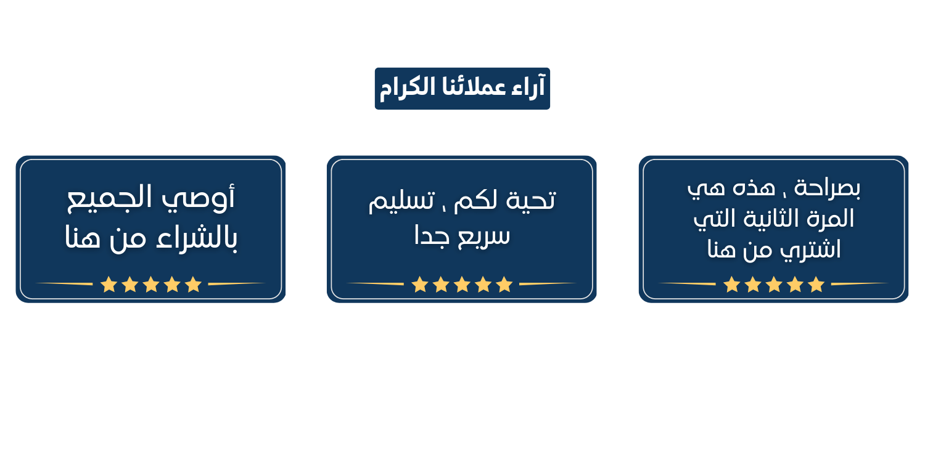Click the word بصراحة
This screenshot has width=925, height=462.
coord(828,188)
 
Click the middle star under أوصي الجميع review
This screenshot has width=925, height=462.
coord(151,284)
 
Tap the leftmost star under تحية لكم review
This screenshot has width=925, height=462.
coord(420,284)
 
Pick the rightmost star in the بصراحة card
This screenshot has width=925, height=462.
coord(816,284)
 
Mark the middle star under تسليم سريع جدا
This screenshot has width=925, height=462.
coord(462,284)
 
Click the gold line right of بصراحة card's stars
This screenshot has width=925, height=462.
coord(859,284)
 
